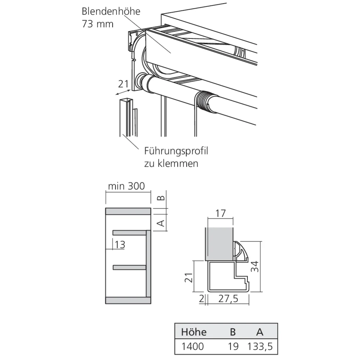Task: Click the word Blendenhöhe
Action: tap(111, 11)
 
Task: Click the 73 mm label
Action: tap(97, 24)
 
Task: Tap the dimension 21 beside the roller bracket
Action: tap(124, 84)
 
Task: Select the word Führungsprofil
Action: tap(176, 151)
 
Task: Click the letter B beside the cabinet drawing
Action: tap(162, 197)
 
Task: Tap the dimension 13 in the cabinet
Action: tap(120, 245)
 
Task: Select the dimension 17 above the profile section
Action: tap(221, 213)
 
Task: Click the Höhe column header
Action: tap(194, 331)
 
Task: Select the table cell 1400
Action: tap(193, 347)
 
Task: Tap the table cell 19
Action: tap(233, 347)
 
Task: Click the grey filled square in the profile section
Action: tap(219, 243)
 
